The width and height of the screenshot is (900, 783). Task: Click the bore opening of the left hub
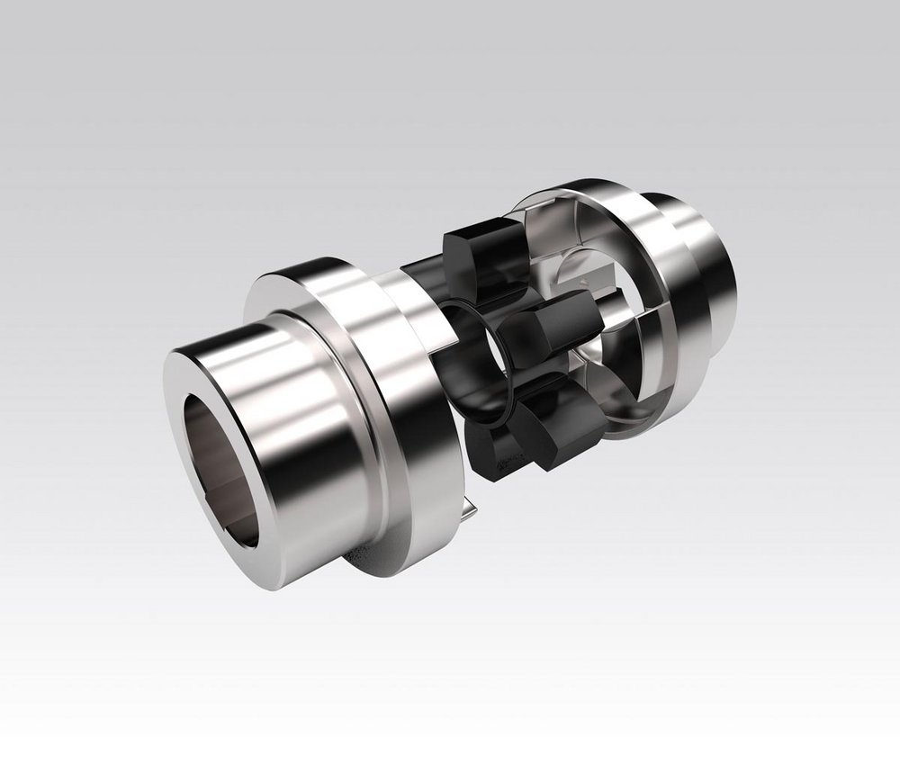221,468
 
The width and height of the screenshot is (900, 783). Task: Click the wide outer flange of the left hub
396,378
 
